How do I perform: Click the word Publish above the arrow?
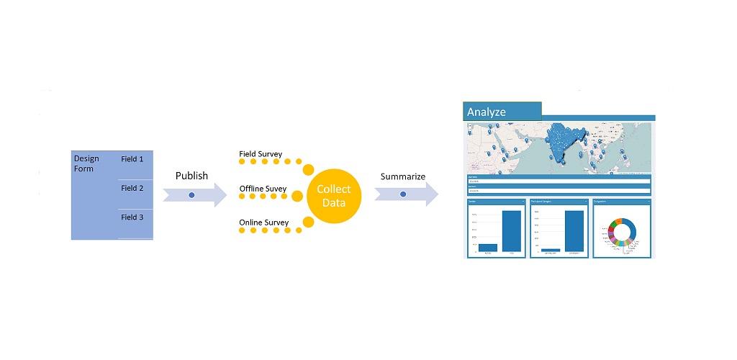coord(191,176)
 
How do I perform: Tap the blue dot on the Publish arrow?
coord(191,194)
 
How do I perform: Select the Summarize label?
coord(402,176)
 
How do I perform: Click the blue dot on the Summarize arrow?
coord(403,194)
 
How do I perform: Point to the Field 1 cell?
coord(132,159)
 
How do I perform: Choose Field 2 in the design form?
coord(132,188)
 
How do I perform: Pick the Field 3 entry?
coord(132,217)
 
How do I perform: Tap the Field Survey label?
coord(261,154)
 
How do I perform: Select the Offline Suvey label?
coord(263,189)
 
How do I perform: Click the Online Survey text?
coord(263,222)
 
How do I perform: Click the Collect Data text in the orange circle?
coord(334,196)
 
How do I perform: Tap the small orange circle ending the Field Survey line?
coord(308,170)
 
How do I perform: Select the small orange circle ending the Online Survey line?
coord(308,222)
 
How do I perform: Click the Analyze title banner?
coord(502,112)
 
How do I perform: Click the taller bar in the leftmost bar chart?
coord(512,231)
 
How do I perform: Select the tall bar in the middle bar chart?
coord(574,231)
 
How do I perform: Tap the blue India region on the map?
coord(560,140)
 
